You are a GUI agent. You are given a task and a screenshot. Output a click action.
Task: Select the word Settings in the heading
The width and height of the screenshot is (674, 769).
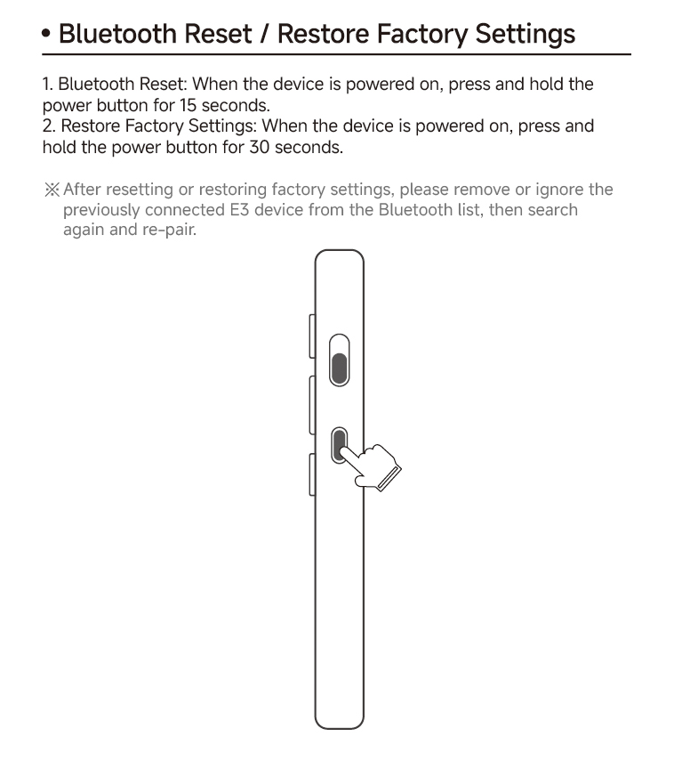pos(525,36)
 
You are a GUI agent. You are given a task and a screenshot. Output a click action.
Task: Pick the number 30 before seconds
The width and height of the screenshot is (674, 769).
pos(259,147)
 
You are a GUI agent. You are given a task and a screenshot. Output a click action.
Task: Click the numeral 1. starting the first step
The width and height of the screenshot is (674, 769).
pos(48,85)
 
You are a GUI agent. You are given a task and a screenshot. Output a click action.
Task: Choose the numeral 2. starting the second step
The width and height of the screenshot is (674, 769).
pos(49,126)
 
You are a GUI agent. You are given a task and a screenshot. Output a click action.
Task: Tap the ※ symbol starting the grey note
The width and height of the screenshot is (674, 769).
pos(52,190)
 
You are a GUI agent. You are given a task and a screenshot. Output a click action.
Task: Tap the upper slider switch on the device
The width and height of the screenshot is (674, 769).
pos(339,360)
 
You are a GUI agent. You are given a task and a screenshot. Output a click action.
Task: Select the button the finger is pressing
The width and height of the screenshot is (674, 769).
pos(339,444)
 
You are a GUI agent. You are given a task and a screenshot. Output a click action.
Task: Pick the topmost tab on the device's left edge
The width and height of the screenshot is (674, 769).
pos(311,336)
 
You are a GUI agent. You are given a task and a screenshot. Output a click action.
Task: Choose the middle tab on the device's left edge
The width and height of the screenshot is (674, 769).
pos(311,405)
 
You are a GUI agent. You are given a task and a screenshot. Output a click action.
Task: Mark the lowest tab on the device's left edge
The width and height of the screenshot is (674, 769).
pos(311,474)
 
